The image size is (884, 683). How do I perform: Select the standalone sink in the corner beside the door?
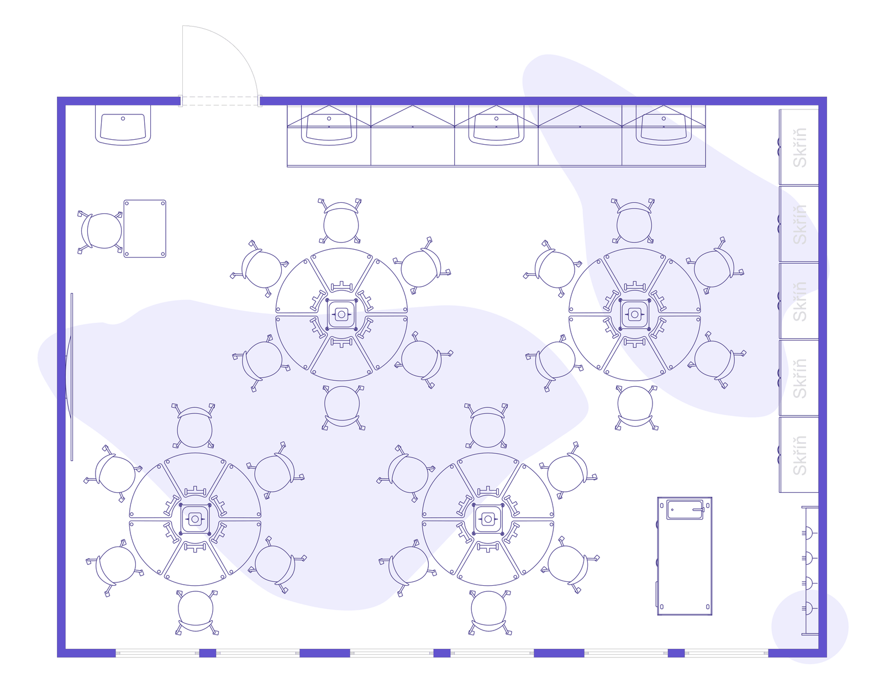coord(123,125)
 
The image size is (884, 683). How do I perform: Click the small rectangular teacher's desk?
coord(145,229)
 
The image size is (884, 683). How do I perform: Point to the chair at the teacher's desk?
coord(101,230)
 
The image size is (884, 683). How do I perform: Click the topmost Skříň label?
coord(800,148)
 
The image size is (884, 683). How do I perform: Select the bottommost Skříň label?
coord(800,455)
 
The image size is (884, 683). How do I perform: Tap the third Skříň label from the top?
coord(800,301)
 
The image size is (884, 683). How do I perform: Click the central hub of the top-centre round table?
coord(341,314)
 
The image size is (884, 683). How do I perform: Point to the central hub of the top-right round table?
coord(634,314)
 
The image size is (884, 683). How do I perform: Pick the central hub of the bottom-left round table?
coord(195,519)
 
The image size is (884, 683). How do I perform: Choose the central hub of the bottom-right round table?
coord(488,519)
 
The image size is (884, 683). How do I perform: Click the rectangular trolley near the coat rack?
coord(685,556)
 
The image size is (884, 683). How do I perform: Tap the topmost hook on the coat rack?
coord(808,533)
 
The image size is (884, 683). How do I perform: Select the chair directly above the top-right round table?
coord(634,221)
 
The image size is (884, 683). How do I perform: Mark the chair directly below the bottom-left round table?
coord(196,612)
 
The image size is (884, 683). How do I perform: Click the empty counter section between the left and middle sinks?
coord(413,136)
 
